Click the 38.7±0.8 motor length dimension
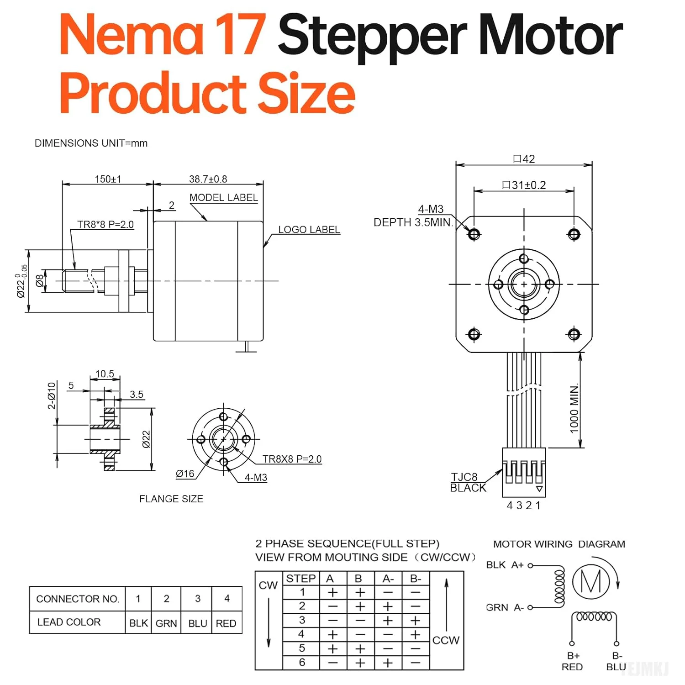[x=208, y=179]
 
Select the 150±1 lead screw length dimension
[x=108, y=179]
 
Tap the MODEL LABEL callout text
[x=223, y=198]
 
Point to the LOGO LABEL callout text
[x=309, y=230]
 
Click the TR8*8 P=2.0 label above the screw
[x=105, y=225]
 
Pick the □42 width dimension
[x=524, y=159]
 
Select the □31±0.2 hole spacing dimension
[x=524, y=185]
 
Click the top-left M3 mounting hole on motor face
[x=474, y=234]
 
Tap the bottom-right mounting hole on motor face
[x=574, y=334]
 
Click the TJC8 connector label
[x=464, y=477]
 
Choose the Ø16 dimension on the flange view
[x=185, y=474]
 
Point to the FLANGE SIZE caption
[x=171, y=499]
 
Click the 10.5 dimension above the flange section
[x=105, y=374]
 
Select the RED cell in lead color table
[x=226, y=623]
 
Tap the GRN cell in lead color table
[x=166, y=623]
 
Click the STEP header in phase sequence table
[x=300, y=579]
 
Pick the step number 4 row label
[x=301, y=634]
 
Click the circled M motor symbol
[x=591, y=582]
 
